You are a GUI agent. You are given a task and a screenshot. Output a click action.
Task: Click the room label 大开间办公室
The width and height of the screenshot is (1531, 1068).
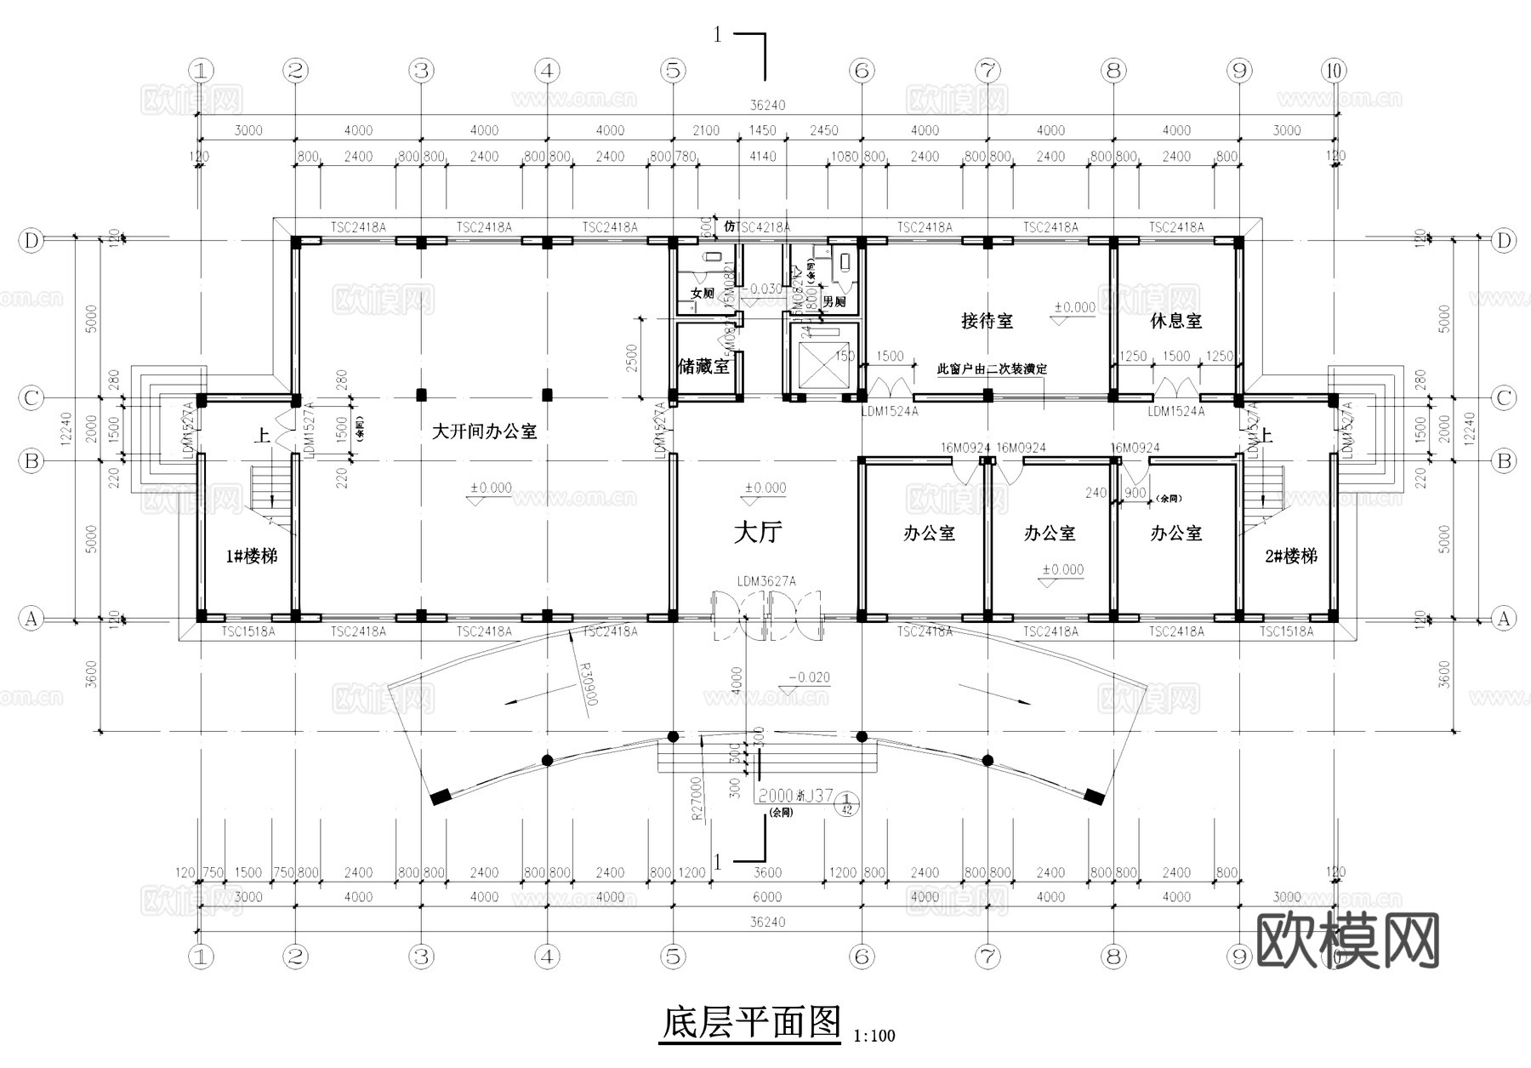click(484, 431)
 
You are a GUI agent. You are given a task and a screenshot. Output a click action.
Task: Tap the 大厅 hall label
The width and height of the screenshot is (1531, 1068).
click(757, 533)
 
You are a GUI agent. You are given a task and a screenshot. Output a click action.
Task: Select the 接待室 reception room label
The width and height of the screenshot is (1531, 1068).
click(987, 321)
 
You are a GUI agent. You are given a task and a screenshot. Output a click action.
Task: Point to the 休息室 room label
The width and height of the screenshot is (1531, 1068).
click(1175, 321)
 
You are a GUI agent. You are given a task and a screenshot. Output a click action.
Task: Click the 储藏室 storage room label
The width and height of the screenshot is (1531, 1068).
click(703, 367)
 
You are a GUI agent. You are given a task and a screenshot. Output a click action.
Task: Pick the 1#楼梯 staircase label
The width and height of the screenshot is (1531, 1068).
click(251, 557)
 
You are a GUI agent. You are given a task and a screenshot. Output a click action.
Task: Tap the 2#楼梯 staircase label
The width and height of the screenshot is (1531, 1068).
click(1290, 557)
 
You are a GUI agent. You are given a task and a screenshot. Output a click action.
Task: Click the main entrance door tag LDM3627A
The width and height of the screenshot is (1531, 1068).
click(766, 581)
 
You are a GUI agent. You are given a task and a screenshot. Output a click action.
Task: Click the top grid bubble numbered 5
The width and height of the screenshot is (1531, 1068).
click(673, 71)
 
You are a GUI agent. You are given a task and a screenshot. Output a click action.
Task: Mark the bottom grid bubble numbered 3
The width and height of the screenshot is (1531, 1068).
click(421, 957)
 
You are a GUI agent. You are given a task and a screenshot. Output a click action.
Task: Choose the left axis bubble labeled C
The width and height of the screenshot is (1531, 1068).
click(31, 397)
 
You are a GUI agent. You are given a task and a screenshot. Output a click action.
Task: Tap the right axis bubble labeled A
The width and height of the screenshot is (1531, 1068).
click(1504, 619)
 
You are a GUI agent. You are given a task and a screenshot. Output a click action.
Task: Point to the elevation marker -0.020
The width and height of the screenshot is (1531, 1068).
click(809, 677)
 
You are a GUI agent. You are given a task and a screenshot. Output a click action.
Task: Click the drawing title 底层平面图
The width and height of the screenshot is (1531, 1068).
click(750, 1022)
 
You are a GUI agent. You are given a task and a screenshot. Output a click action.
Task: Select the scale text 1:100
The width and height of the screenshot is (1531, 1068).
click(874, 1036)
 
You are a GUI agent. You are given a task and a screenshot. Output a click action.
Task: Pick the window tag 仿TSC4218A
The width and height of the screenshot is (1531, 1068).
click(756, 227)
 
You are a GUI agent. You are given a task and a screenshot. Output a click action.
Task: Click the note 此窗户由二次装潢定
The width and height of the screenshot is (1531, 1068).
click(992, 369)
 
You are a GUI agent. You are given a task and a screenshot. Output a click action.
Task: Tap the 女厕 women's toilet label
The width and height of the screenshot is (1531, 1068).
click(702, 294)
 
